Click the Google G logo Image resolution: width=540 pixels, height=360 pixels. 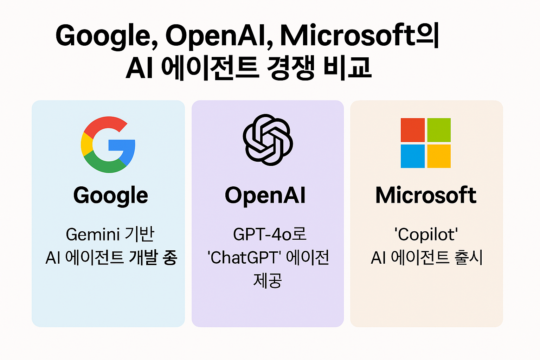pos(108,144)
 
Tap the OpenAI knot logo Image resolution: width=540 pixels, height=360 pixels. pos(268,140)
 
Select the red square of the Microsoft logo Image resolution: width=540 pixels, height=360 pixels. pos(413,130)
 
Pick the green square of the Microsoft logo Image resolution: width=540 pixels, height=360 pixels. pos(439,130)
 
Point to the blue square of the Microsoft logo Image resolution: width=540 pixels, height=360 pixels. pos(413,156)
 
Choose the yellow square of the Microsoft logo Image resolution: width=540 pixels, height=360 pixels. pos(439,156)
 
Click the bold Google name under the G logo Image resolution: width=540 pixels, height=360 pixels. pos(111,196)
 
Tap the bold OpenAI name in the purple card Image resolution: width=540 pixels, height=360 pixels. pos(265,195)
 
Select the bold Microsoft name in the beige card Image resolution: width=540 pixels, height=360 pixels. pos(426,195)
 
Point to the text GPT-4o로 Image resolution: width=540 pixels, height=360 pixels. pos(270,234)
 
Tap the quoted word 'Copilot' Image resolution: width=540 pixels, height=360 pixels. pos(426,234)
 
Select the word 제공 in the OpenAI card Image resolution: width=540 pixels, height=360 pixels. pos(268,281)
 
